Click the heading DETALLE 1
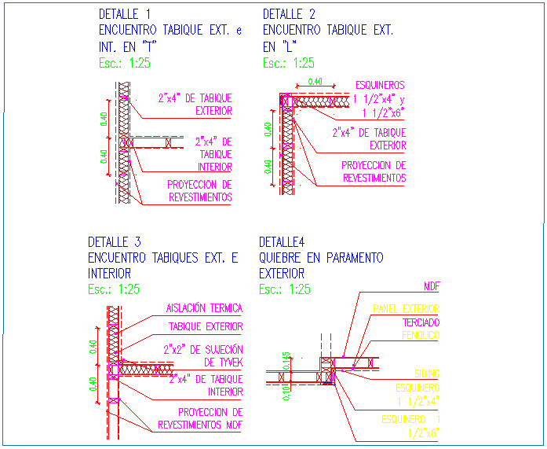click(125, 14)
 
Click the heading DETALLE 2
click(289, 14)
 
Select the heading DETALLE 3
click(115, 241)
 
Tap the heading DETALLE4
click(283, 241)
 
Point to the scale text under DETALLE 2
click(288, 64)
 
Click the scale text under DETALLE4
click(285, 289)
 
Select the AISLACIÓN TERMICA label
click(204, 309)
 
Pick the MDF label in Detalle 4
click(431, 286)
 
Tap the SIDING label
click(427, 373)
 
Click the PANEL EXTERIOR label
click(406, 309)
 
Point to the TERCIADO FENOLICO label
click(421, 329)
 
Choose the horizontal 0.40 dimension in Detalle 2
click(315, 82)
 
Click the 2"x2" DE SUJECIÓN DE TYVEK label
click(202, 355)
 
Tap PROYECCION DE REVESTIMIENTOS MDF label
click(199, 418)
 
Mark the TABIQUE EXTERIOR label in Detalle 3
click(206, 326)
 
